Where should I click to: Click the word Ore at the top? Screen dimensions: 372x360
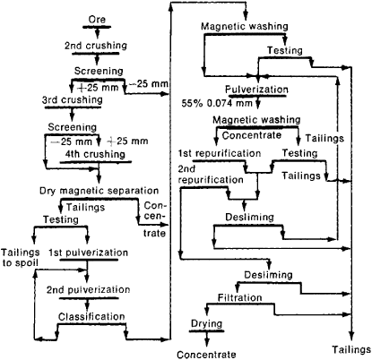tap(97, 20)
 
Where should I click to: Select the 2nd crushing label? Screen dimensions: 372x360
tap(96, 46)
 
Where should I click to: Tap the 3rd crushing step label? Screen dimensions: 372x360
tap(73, 99)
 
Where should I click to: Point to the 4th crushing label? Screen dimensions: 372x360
tap(95, 154)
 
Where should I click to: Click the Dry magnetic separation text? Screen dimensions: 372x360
tap(99, 191)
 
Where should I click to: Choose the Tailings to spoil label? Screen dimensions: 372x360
tap(21, 258)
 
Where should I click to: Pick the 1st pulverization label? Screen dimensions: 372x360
tap(89, 253)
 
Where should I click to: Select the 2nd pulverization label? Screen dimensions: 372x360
tap(89, 290)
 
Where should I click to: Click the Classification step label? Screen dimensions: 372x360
tap(91, 317)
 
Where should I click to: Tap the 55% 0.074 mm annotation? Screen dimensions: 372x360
tap(217, 104)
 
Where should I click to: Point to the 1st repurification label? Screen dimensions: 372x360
tap(220, 153)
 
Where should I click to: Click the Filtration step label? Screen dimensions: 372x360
tap(240, 298)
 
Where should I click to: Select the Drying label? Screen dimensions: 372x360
tap(207, 324)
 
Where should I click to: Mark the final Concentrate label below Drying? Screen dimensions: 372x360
tap(206, 355)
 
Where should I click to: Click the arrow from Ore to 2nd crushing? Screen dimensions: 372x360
tap(98, 32)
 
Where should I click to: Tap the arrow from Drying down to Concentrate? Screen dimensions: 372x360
tap(207, 339)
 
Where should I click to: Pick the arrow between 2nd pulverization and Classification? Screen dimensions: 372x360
tap(87, 304)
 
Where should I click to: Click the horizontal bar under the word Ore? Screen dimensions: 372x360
tap(97, 27)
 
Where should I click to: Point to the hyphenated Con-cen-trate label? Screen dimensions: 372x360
tap(155, 219)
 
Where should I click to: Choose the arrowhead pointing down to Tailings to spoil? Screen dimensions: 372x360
tap(34, 240)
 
